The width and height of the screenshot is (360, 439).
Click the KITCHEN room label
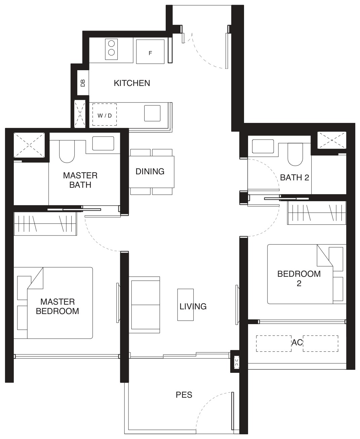point(132,83)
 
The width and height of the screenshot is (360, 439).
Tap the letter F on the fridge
point(150,53)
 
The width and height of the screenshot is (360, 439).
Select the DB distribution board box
point(83,83)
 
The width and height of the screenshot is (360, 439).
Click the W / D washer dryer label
point(105,116)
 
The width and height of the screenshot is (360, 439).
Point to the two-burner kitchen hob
point(112,49)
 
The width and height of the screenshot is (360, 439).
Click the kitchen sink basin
point(152,113)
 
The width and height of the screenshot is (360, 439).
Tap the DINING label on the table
point(150,172)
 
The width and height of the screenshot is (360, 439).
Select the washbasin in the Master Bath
point(103,143)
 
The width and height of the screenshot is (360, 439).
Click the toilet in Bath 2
point(295,154)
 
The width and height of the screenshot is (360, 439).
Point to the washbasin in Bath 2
point(263,146)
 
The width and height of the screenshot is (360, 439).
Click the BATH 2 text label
point(294,178)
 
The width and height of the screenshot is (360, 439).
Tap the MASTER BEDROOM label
point(57,306)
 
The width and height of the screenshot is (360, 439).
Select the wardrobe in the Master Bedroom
point(45,224)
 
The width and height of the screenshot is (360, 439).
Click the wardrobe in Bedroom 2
point(317,213)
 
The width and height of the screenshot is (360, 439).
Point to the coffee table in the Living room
point(186,305)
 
